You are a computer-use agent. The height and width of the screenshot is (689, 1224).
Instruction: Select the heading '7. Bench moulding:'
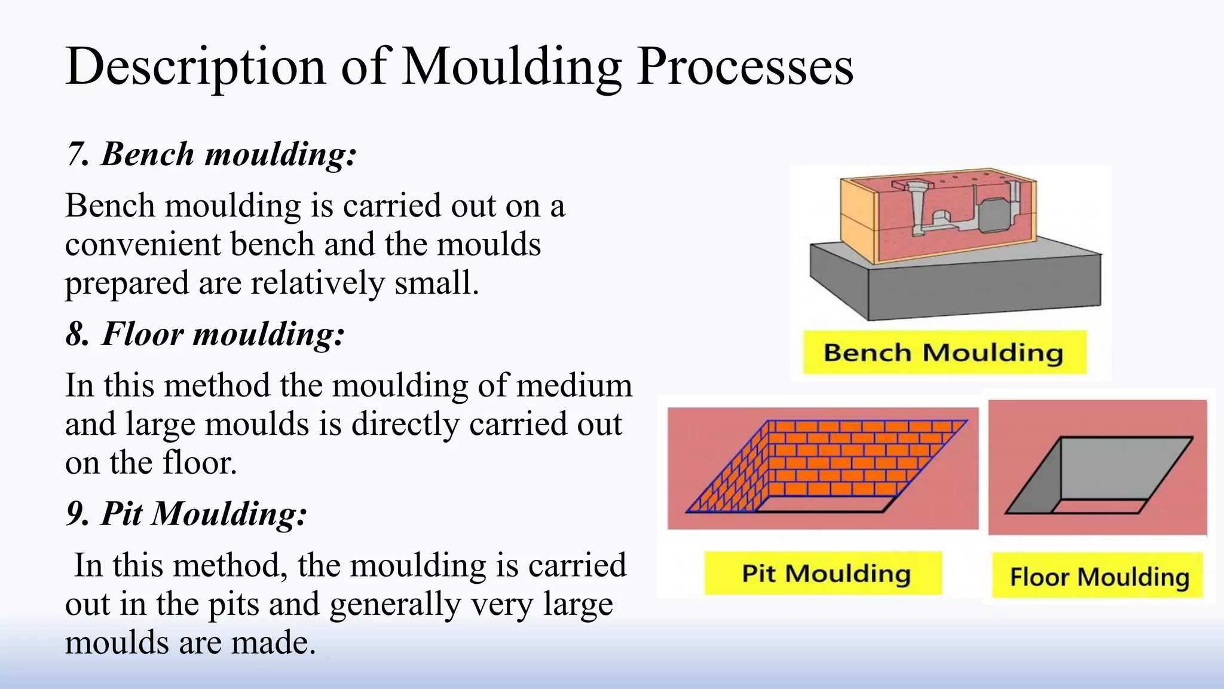pyautogui.click(x=211, y=154)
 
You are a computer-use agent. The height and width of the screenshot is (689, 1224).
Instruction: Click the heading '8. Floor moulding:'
pyautogui.click(x=205, y=333)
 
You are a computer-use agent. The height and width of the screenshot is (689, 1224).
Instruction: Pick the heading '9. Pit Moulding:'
pyautogui.click(x=186, y=513)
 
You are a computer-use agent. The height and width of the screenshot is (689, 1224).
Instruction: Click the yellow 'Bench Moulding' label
pyautogui.click(x=943, y=352)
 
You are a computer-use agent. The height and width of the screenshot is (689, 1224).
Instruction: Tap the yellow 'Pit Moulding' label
pyautogui.click(x=825, y=573)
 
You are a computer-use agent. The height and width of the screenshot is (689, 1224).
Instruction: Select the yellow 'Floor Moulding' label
pyautogui.click(x=1098, y=577)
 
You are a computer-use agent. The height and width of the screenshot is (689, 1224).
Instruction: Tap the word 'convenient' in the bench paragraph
pyautogui.click(x=143, y=244)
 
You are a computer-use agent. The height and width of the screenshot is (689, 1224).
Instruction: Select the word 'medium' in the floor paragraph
pyautogui.click(x=574, y=385)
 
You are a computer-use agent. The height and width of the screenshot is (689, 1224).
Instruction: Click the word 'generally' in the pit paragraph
pyautogui.click(x=394, y=604)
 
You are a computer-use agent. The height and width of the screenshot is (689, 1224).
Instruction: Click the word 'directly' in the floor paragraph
pyautogui.click(x=406, y=423)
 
